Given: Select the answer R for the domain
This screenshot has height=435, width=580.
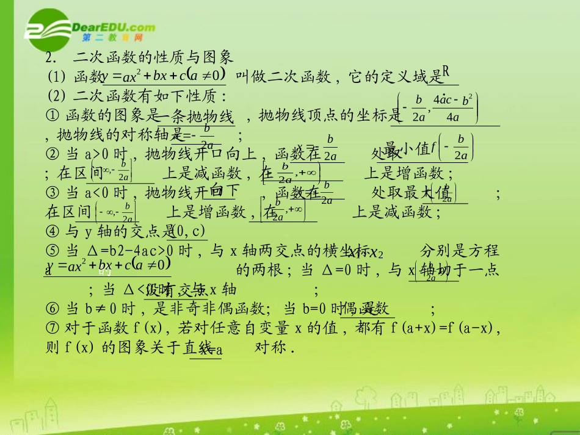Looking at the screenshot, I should coord(446,73).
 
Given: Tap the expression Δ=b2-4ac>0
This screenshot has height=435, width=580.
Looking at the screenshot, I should coord(128,251).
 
